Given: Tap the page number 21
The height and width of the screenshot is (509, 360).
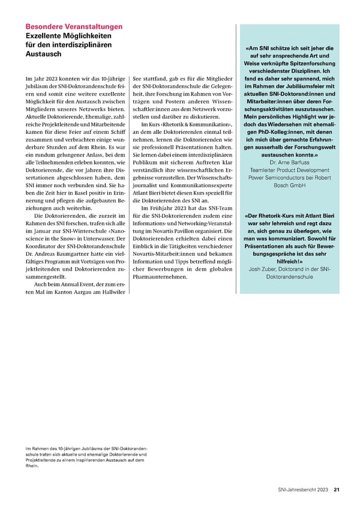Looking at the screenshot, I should [x=337, y=489].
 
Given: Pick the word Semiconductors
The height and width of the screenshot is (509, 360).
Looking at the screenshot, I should [x=285, y=178].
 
